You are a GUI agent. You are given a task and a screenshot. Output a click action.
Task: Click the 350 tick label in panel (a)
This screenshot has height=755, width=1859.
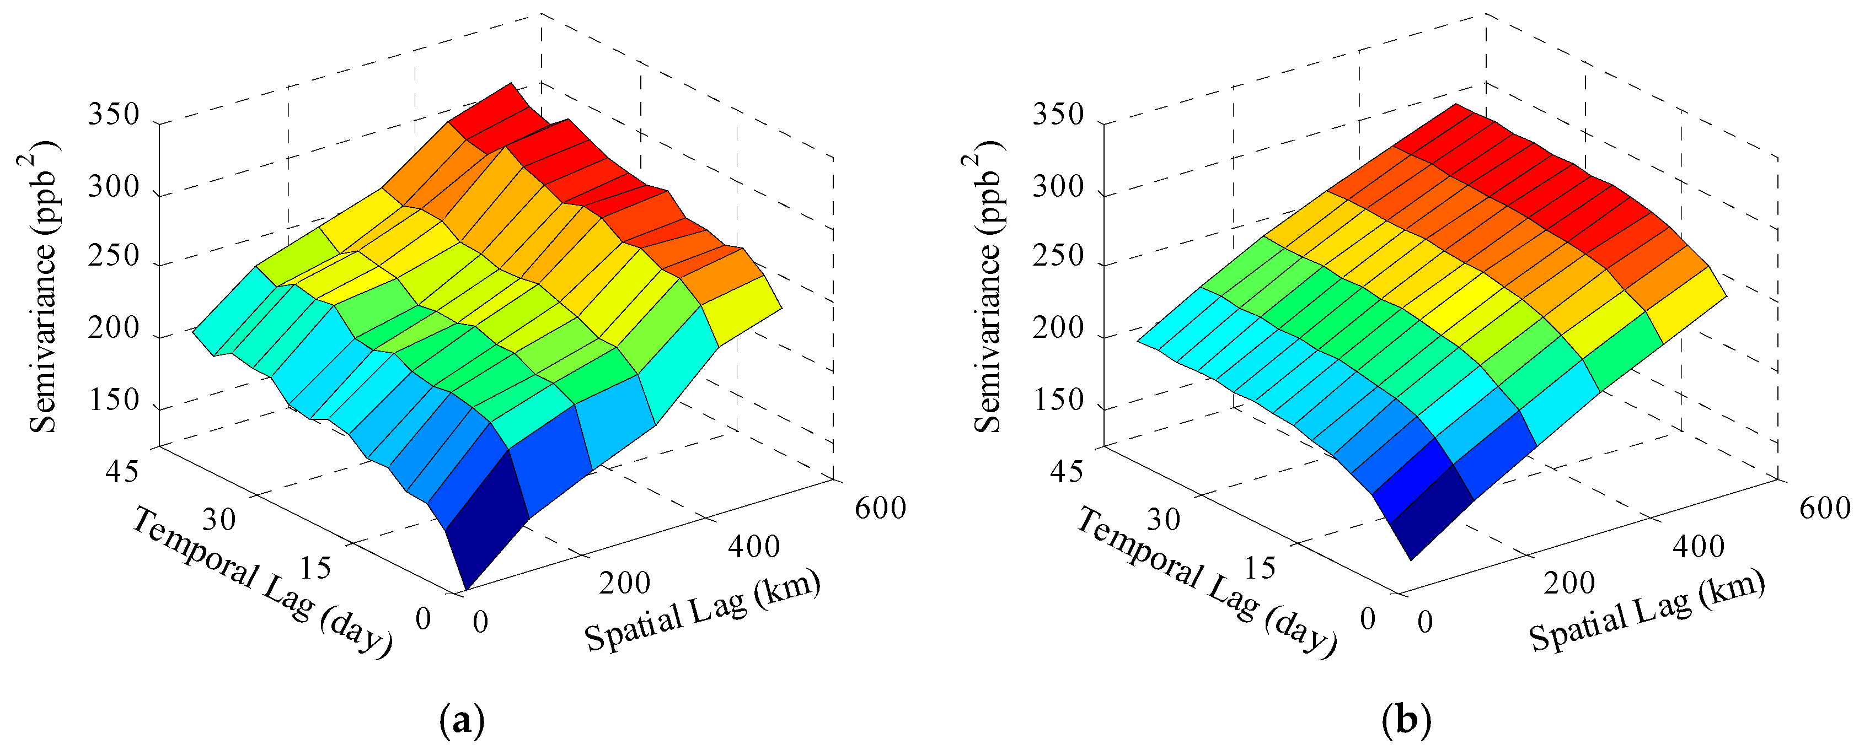(x=113, y=114)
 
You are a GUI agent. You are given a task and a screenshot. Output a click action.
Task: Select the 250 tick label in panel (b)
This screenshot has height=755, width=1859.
(x=1058, y=256)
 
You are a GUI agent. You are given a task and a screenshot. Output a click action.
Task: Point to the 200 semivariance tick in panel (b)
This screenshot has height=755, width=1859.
(x=1058, y=328)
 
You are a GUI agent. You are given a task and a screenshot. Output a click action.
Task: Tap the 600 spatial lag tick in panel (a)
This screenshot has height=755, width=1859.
(x=880, y=508)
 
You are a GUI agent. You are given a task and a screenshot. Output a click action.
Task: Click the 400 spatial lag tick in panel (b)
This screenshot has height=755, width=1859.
(x=1698, y=547)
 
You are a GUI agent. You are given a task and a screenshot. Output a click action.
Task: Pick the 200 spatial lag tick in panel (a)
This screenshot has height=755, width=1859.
(x=624, y=583)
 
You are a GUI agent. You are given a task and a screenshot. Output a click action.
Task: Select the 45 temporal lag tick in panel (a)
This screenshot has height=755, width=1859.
(x=122, y=472)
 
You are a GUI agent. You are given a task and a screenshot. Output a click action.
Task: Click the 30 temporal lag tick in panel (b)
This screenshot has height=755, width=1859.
(x=1163, y=519)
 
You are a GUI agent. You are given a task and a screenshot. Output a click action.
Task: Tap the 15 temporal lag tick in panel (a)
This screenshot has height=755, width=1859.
(x=315, y=568)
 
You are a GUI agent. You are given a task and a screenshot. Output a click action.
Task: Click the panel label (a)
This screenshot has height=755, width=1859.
(x=462, y=720)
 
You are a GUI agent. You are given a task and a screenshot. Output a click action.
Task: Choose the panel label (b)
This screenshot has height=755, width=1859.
(x=1406, y=720)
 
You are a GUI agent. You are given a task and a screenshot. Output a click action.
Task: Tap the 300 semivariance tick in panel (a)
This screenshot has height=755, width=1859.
(x=113, y=187)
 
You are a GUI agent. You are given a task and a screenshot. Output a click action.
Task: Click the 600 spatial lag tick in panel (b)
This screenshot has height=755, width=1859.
(x=1824, y=508)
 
